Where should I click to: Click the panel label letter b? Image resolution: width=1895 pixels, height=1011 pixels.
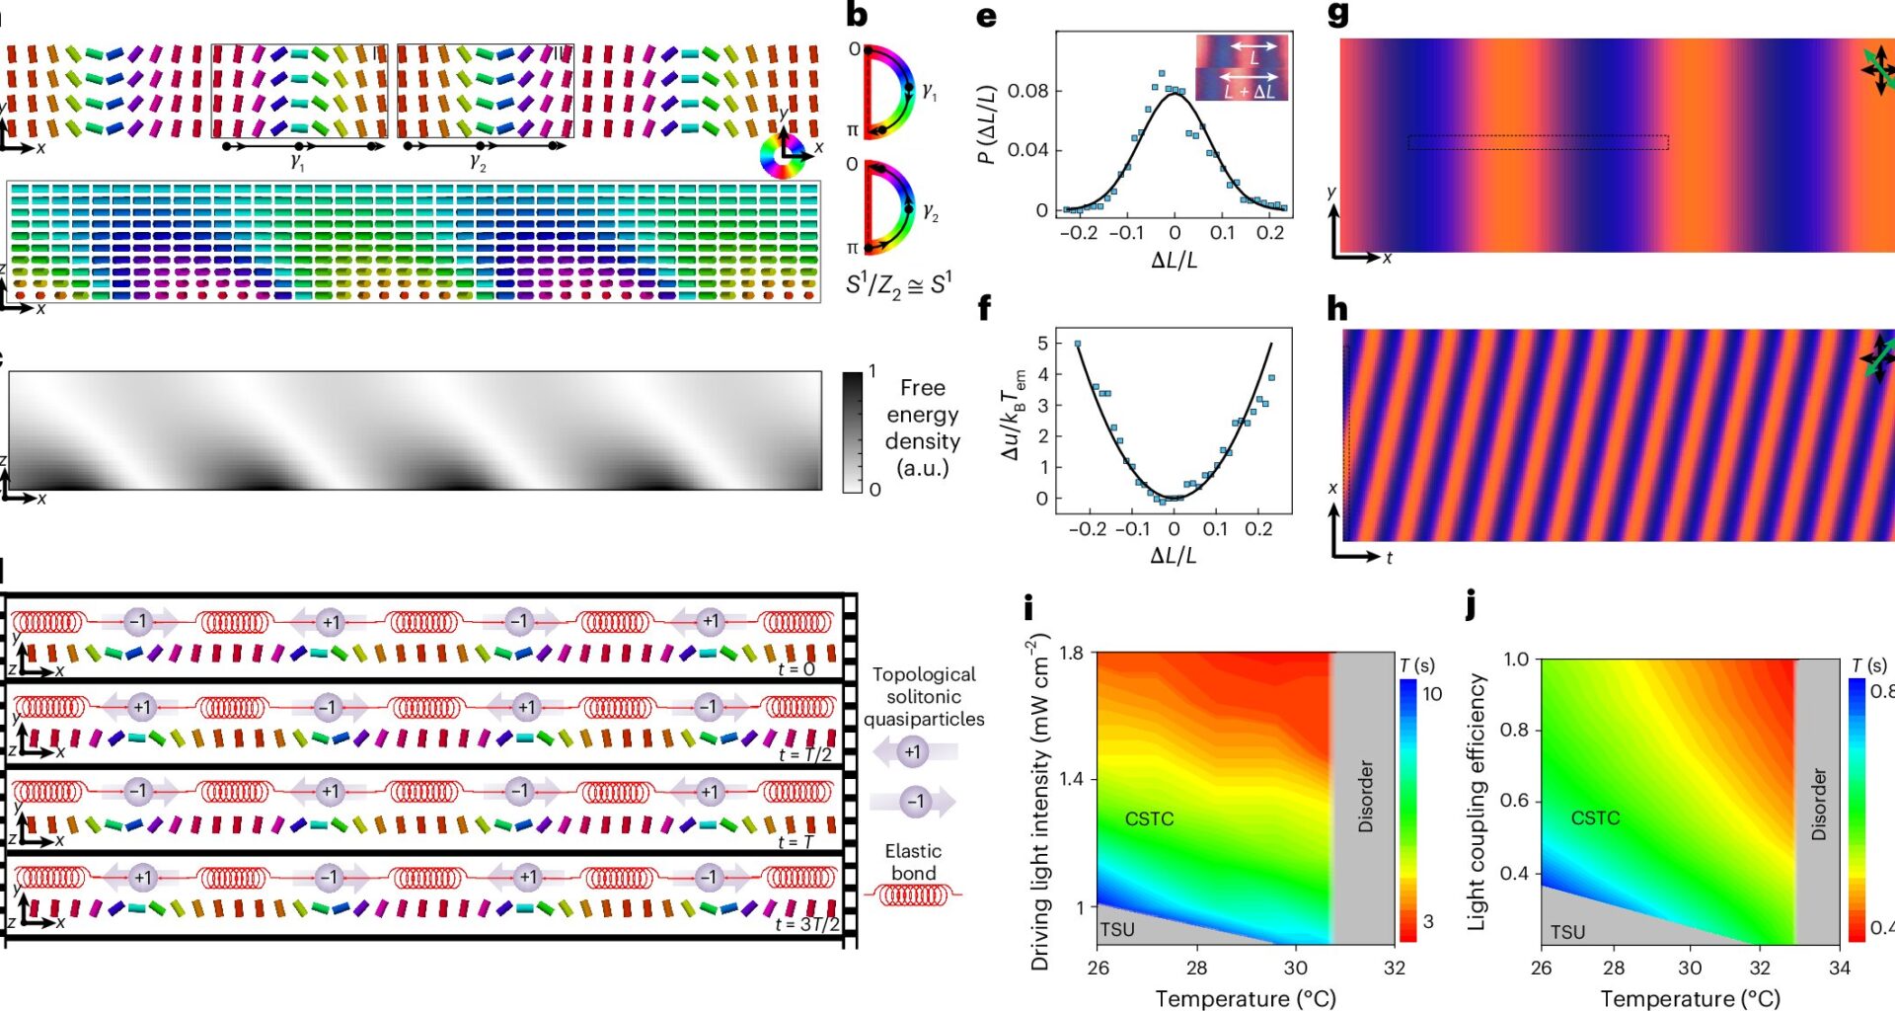(857, 17)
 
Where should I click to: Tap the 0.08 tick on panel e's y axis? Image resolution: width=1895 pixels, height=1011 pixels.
(1027, 91)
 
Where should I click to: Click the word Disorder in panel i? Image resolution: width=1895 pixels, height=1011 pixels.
(1366, 796)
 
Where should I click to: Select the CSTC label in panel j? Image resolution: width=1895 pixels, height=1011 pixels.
(1595, 817)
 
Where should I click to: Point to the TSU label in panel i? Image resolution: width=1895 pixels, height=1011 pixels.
(1117, 929)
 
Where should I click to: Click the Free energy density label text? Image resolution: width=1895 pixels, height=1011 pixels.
(922, 428)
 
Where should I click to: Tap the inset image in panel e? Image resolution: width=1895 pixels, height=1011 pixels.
(1242, 68)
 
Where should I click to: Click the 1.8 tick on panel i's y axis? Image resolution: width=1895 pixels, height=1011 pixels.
(1071, 653)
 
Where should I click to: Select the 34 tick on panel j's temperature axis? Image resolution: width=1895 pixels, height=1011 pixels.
(1840, 969)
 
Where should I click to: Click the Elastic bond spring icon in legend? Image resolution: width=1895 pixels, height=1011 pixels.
(913, 895)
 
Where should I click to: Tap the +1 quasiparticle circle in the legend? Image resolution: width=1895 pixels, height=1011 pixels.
(913, 752)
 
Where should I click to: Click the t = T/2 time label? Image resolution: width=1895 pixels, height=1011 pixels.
(804, 754)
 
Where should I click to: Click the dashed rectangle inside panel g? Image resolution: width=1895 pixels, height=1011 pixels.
(1538, 143)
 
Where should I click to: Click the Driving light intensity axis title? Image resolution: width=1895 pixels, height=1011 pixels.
(1039, 802)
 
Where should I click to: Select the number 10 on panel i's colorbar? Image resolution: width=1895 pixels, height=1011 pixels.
(1432, 694)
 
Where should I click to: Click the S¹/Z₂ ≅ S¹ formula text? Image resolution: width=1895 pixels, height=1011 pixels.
(898, 284)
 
